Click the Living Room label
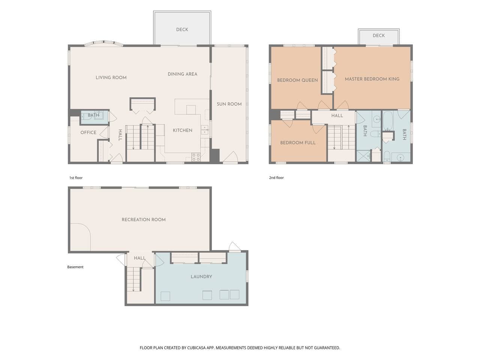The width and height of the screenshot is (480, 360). point(111,78)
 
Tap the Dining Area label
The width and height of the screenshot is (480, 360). point(183,74)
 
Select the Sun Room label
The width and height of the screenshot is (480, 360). point(229,104)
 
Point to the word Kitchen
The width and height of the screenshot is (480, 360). point(183,130)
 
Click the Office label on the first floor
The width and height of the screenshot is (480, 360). point(88,132)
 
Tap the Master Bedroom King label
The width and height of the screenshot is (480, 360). point(372,79)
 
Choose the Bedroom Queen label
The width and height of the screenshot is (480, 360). point(297,80)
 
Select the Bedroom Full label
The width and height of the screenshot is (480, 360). point(298,143)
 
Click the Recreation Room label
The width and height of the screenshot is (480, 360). point(144,219)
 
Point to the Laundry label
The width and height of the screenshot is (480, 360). point(201,276)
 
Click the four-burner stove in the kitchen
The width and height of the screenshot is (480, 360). point(196,157)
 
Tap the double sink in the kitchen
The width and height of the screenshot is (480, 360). point(205,130)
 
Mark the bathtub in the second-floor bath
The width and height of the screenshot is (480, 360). point(388,120)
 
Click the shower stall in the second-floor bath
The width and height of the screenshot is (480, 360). point(363,156)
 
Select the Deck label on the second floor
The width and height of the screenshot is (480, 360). point(379,35)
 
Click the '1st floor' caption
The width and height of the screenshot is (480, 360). point(76,178)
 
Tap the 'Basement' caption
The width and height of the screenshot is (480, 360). point(75,267)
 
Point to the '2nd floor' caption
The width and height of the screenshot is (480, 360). point(276,178)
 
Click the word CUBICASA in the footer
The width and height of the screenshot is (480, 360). point(196,348)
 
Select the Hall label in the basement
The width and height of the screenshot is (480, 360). point(140,258)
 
